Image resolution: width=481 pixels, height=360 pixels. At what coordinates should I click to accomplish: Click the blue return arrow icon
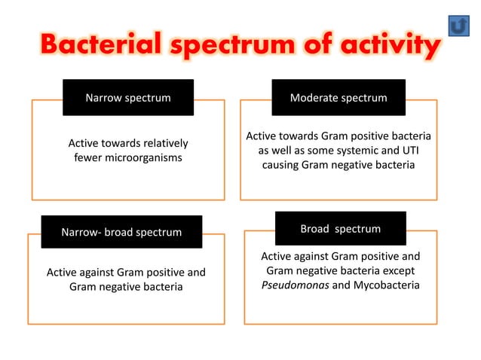pos(458,25)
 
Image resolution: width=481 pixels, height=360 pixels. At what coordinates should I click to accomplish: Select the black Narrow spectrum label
pos(127,98)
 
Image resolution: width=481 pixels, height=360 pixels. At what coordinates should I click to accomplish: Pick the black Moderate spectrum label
pos(339,98)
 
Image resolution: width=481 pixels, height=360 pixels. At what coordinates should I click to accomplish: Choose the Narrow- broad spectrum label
pos(121,232)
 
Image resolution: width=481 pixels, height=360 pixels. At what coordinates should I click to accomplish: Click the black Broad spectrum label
pos(340,229)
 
